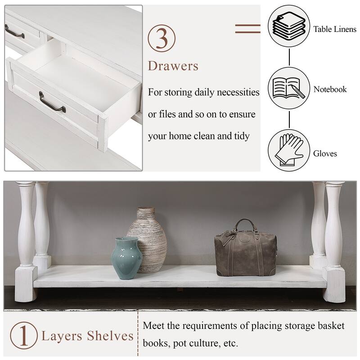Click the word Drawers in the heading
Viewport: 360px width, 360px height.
pos(173,66)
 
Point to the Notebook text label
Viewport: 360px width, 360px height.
pos(330,90)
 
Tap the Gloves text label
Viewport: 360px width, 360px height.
pos(325,154)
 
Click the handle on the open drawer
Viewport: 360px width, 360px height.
pos(52,101)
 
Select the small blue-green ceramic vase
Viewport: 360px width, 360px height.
pos(127,257)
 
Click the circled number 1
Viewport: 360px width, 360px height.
pos(24,336)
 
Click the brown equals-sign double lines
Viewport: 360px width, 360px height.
pos(247,28)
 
